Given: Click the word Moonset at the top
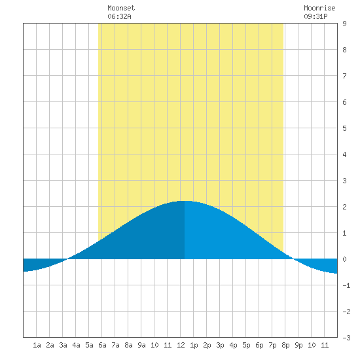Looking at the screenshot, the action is pos(121,8).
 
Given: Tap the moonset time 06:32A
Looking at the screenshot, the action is pos(119,16).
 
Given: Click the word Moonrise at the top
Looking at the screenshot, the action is pos(319,8).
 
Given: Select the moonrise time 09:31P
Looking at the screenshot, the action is pos(315,16).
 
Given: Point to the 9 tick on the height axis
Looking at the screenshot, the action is pos(344,24).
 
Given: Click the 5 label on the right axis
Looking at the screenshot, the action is pos(344,128).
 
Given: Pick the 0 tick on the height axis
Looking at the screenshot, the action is pos(344,259).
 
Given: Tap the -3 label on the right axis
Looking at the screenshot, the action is pos(346,338).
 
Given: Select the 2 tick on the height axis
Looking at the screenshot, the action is pos(344,207).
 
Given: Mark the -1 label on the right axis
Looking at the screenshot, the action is pos(346,285).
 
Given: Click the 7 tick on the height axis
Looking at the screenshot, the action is pos(344,76).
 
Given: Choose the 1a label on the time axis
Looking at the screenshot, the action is pos(37,345).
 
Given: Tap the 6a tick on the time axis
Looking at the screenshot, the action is pos(102,345).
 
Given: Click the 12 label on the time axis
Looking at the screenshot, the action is pos(181,345).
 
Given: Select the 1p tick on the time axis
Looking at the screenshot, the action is pos(194,345).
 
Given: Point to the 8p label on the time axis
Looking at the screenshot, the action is pos(285,345).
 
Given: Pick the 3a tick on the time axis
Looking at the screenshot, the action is pos(63,345).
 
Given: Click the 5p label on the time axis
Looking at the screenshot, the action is pos(246,345).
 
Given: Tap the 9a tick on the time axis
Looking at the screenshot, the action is pos(141,345).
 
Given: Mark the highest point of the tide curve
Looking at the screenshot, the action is pos(185,201).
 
